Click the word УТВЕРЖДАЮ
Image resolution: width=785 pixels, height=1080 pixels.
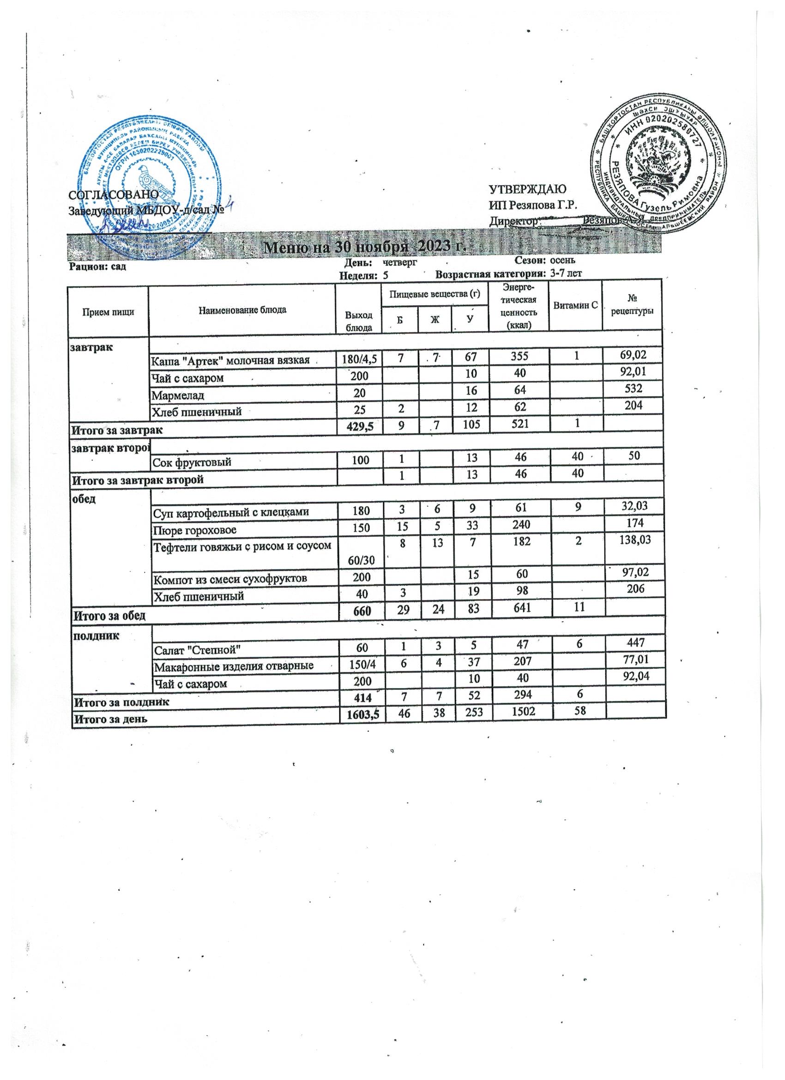[527, 189]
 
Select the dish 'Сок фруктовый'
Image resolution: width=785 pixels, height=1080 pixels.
[192, 461]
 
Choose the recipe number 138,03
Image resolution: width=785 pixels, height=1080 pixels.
[632, 539]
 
